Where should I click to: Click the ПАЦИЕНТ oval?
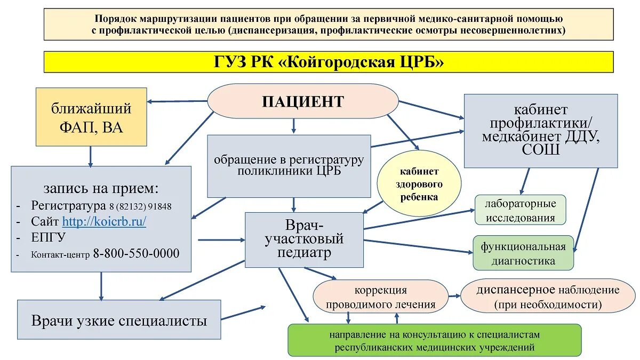pyautogui.click(x=302, y=101)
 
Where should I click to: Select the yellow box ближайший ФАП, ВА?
pyautogui.click(x=91, y=117)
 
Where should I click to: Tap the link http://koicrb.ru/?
pyautogui.click(x=104, y=221)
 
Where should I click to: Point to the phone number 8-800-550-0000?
pyautogui.click(x=136, y=253)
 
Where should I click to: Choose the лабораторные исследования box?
pyautogui.click(x=520, y=210)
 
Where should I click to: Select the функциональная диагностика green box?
pyautogui.click(x=523, y=253)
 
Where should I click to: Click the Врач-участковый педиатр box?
pyautogui.click(x=304, y=239)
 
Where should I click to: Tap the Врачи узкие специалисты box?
pyautogui.click(x=119, y=320)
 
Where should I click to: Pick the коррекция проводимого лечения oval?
pyautogui.click(x=380, y=297)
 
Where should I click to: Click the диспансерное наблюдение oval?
pyautogui.click(x=548, y=297)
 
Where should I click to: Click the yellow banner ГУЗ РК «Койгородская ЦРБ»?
pyautogui.click(x=328, y=62)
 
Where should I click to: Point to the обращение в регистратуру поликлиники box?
pyautogui.click(x=289, y=165)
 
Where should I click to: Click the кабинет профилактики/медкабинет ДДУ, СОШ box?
pyautogui.click(x=540, y=131)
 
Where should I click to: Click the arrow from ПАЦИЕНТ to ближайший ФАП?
pyautogui.click(x=177, y=101)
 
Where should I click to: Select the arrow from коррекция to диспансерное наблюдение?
pyautogui.click(x=454, y=296)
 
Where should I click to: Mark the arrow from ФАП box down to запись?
pyautogui.click(x=91, y=156)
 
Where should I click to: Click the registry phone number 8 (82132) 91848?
pyautogui.click(x=140, y=206)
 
